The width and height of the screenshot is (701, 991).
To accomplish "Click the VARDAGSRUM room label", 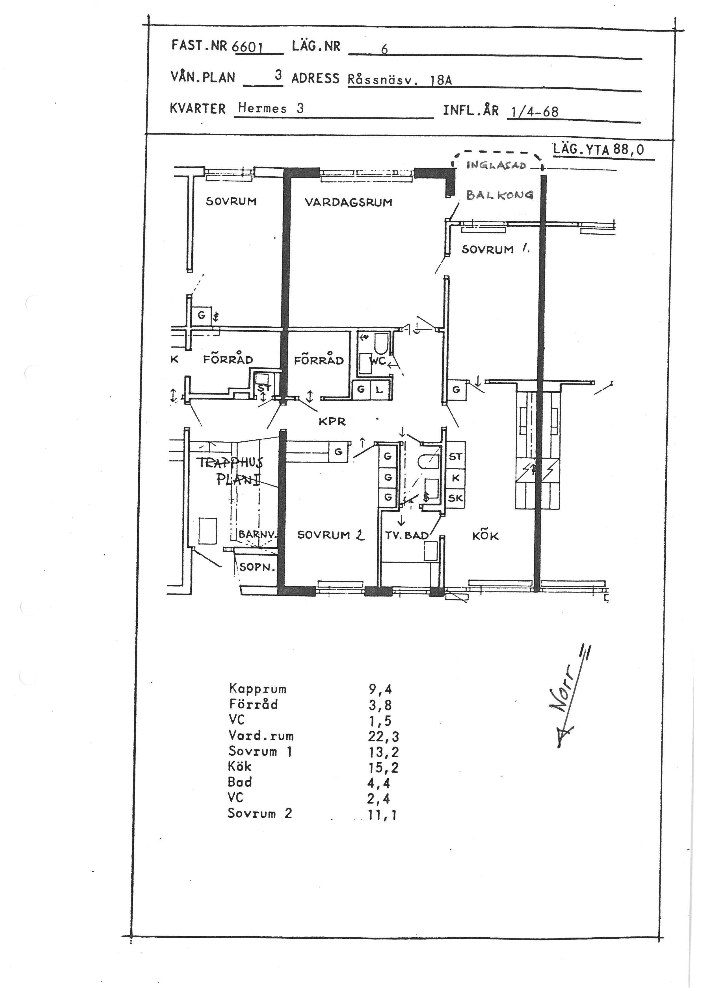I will pyautogui.click(x=348, y=202).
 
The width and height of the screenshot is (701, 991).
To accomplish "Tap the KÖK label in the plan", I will pyautogui.click(x=485, y=536).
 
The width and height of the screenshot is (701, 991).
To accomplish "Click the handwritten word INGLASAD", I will pyautogui.click(x=496, y=165).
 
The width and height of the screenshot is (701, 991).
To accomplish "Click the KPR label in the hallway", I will pyautogui.click(x=332, y=421).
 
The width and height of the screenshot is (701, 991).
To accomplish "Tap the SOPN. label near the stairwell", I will pyautogui.click(x=257, y=567).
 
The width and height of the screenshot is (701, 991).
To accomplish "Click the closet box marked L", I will pyautogui.click(x=379, y=390).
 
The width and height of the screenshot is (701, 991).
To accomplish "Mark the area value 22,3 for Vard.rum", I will pyautogui.click(x=383, y=736).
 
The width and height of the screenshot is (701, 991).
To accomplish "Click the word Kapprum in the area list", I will pyautogui.click(x=258, y=689).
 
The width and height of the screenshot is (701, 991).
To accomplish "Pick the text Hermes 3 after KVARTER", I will pyautogui.click(x=271, y=108).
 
